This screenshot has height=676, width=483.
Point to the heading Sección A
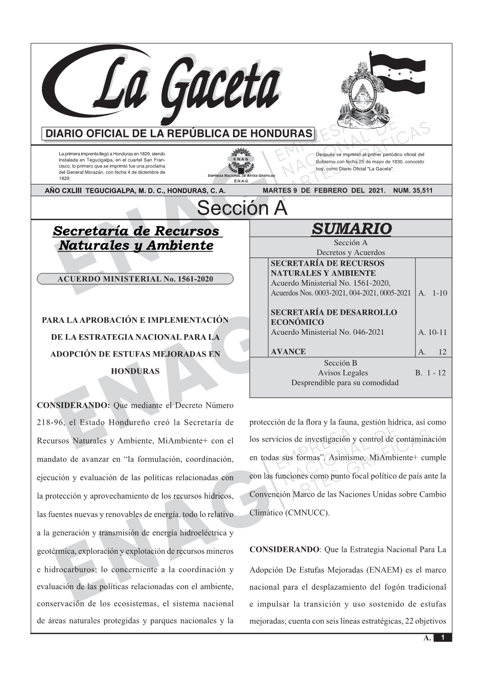coord(242,208)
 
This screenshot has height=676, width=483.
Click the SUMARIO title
coord(351,229)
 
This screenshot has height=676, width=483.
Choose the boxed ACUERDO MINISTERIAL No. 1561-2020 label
coord(135,279)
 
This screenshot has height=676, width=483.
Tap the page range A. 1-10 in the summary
coord(432,293)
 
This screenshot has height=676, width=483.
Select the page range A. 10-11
coord(432,332)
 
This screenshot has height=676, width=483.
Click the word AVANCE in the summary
coord(288,352)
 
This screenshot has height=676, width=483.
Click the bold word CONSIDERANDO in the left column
coord(74,405)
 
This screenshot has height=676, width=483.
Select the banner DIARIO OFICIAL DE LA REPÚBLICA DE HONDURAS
coord(179,134)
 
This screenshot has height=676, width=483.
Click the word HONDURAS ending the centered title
coord(135,371)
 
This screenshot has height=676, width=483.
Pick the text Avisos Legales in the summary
coord(343,373)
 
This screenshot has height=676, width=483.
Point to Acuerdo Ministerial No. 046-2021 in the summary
coord(327,332)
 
